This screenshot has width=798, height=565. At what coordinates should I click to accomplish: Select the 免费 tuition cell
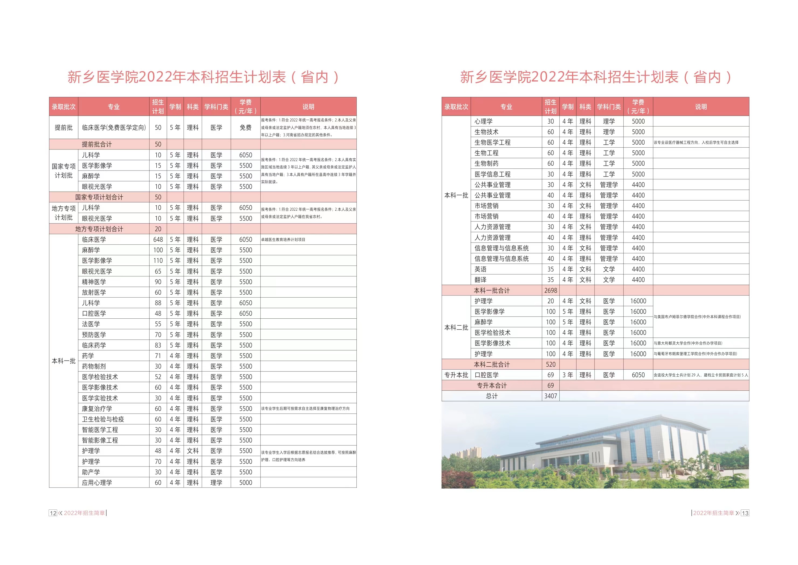(x=245, y=127)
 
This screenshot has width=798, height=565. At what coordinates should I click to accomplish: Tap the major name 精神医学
(x=94, y=282)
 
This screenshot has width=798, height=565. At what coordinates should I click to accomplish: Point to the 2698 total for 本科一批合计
(x=551, y=290)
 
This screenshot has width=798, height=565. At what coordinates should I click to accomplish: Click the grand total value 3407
(x=551, y=396)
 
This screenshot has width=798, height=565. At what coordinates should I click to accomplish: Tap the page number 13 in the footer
(x=745, y=513)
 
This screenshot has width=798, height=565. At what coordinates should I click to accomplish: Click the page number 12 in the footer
(x=53, y=513)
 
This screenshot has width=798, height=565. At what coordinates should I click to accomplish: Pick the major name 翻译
(x=481, y=280)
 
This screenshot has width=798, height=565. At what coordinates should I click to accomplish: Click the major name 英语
(x=481, y=269)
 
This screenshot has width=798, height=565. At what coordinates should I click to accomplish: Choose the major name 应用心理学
(x=97, y=482)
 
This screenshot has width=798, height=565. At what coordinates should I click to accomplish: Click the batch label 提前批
(x=64, y=127)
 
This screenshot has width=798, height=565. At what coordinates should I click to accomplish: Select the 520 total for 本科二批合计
(x=551, y=364)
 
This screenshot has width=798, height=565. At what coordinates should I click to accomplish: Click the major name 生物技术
(x=486, y=132)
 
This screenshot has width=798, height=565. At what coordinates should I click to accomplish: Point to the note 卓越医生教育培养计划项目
(x=283, y=240)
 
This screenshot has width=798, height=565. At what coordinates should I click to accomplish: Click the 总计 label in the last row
(x=491, y=396)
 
